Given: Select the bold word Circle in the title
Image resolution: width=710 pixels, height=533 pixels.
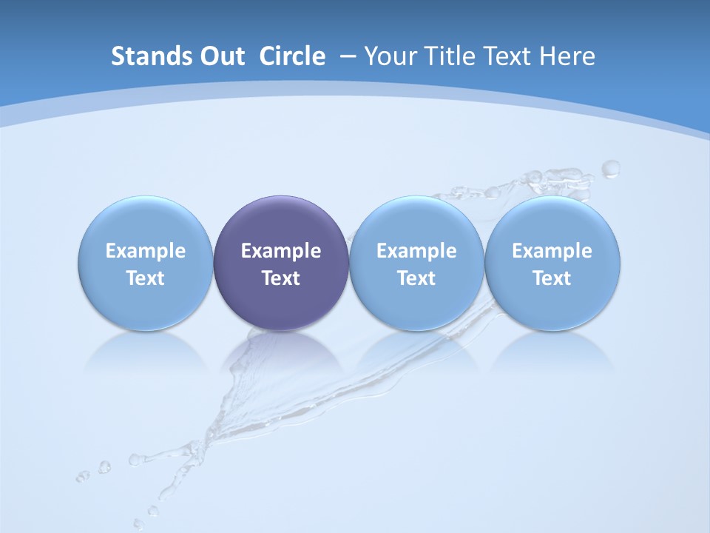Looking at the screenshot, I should (292, 56).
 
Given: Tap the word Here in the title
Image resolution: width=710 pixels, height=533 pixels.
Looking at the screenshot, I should (567, 56).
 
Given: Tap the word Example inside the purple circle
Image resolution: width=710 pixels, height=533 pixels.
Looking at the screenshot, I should (281, 251).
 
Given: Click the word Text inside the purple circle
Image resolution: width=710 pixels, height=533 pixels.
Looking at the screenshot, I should (281, 278).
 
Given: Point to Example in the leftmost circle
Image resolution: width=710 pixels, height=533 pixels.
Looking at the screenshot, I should (146, 251).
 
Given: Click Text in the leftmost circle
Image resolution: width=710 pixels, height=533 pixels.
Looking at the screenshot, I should (146, 278).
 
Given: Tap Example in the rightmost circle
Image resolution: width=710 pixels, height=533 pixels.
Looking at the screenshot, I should (552, 251).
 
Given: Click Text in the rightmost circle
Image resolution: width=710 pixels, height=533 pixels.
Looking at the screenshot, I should (552, 278).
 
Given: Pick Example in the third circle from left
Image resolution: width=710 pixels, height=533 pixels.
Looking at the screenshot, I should (416, 251).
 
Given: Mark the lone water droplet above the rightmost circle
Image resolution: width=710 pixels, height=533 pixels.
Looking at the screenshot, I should (610, 170).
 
